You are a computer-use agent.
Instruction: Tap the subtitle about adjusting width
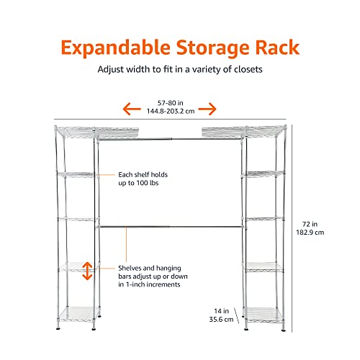coord(179,71)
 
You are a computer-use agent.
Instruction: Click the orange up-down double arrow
coord(87,271)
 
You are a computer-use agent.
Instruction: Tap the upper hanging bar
coord(171,139)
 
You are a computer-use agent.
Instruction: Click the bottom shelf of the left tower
coord(76,310)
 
